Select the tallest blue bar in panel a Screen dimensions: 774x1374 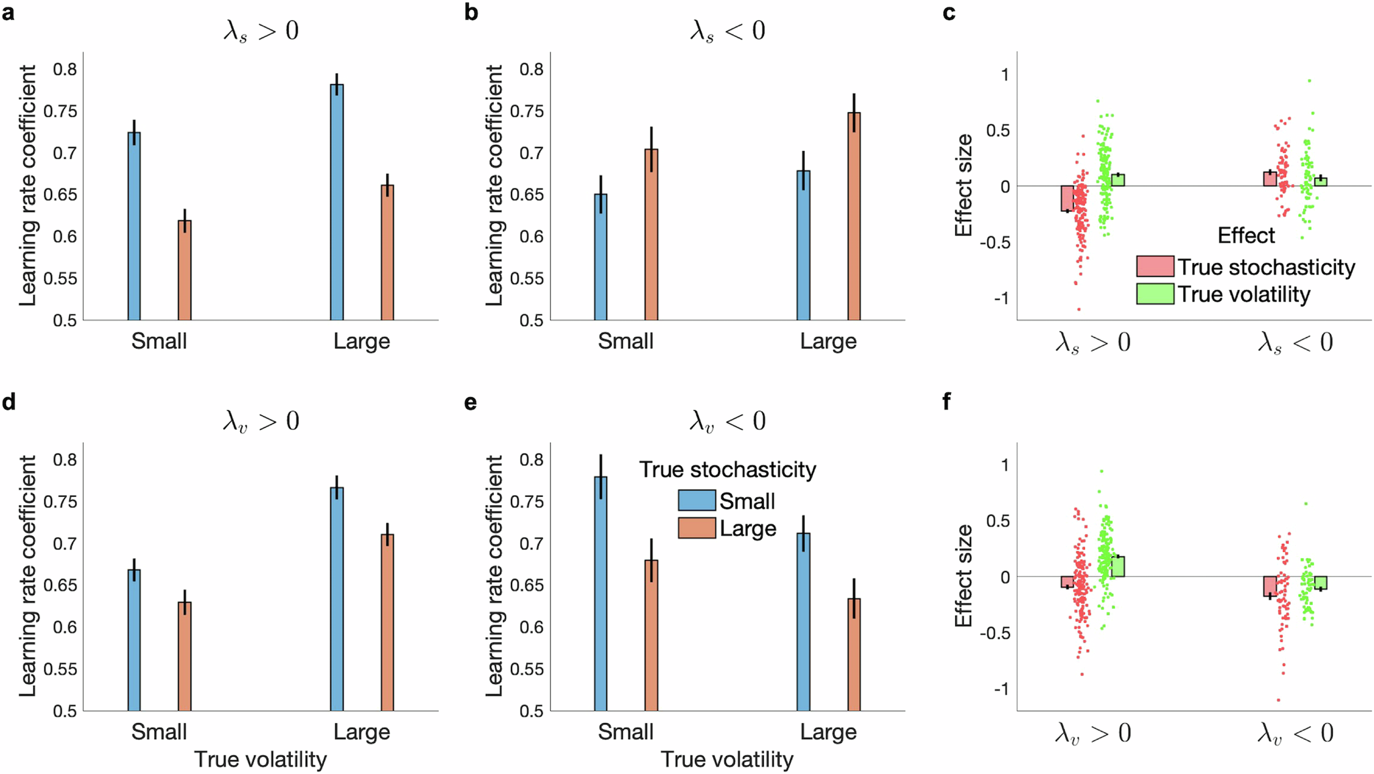(x=337, y=201)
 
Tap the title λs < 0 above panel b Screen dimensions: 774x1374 (x=727, y=31)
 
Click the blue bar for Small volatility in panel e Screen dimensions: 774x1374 (x=601, y=593)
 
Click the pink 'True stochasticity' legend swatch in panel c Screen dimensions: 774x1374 (x=1155, y=266)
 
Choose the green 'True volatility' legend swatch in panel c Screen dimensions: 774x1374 (x=1155, y=294)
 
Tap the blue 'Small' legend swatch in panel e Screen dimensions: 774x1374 (x=696, y=500)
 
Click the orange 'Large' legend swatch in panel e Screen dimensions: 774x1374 (x=696, y=528)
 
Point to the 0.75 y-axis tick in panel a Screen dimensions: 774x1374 (x=60, y=111)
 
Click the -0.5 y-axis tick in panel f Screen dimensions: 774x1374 (x=994, y=633)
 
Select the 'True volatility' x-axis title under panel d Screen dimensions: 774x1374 (x=260, y=759)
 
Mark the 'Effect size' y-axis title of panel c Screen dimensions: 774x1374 (x=963, y=185)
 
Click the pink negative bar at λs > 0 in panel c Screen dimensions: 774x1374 (x=1067, y=199)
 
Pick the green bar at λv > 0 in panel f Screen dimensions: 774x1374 (x=1117, y=566)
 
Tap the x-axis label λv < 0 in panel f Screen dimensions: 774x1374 (x=1295, y=732)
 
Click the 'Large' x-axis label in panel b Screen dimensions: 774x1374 (x=828, y=341)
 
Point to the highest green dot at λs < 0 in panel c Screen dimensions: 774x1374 (x=1309, y=81)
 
